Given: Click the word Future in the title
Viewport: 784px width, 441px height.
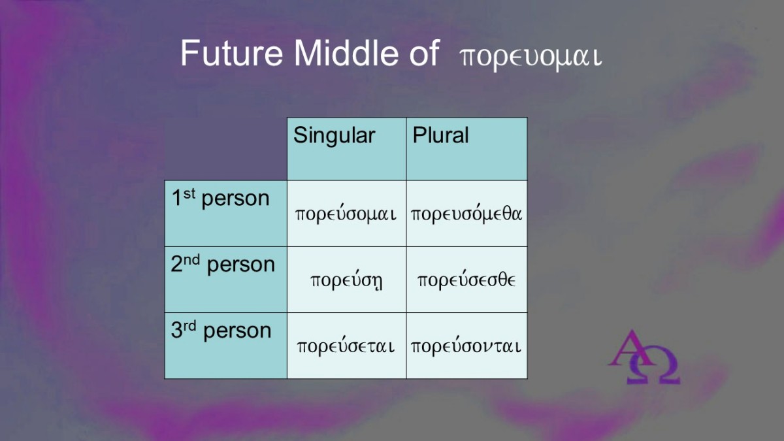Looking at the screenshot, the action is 231,53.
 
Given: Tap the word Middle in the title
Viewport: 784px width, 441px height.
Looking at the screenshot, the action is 346,53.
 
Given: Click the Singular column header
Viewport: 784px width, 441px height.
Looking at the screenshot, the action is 335,136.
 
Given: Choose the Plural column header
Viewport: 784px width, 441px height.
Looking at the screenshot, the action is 440,135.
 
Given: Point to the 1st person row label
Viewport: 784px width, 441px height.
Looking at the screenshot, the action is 221,199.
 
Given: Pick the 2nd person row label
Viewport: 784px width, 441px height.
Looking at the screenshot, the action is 223,265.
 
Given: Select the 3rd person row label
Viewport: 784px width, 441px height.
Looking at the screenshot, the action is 221,331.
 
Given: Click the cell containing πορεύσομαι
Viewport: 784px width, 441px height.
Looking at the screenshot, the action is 346,214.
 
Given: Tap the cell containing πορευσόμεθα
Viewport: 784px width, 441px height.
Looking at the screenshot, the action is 466,214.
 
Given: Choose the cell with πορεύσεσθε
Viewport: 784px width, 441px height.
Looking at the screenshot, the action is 466,280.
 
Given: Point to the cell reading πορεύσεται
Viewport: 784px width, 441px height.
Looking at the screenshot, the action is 346,346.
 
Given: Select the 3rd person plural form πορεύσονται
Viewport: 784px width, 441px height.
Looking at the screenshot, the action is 466,346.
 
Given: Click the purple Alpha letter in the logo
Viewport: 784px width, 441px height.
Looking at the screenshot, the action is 630,348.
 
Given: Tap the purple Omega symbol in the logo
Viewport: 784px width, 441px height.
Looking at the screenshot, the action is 653,365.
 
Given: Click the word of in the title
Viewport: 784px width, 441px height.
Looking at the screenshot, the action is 424,53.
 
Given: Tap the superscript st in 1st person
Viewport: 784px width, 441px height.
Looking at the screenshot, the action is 189,193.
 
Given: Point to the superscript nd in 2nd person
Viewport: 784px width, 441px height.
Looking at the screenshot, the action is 191,260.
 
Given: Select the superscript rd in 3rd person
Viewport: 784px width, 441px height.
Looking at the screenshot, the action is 189,326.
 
